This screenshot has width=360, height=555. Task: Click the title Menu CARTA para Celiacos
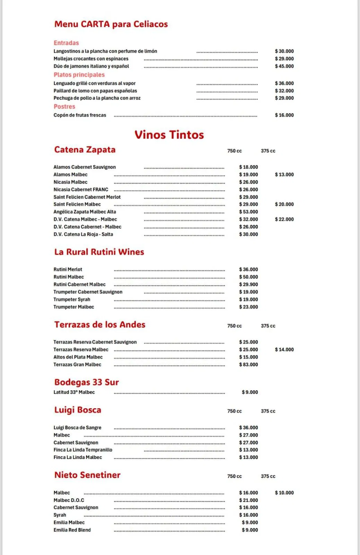coord(111,24)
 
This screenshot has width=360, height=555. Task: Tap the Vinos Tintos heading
coord(169,135)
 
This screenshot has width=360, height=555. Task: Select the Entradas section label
coord(66,43)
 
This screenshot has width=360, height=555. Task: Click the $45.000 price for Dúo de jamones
coord(284,66)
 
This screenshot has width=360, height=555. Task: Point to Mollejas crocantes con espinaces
coord(91,59)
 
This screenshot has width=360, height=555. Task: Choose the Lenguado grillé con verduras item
coord(94,83)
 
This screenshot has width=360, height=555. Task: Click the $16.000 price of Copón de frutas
coord(284,115)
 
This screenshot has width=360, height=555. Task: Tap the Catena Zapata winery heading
coord(85,150)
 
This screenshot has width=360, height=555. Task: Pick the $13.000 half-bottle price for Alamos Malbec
coord(284,174)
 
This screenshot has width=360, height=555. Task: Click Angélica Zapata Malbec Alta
coord(85,212)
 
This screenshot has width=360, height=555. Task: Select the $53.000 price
coord(248,212)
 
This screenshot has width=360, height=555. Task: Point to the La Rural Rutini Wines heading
coord(99,252)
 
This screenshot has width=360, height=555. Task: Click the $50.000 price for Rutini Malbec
coord(248,277)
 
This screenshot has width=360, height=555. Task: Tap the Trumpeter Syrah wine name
coord(72,299)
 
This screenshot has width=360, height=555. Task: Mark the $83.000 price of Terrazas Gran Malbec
coord(248,365)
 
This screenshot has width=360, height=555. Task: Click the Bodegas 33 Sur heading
coord(86,382)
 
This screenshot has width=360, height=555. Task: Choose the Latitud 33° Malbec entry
coord(74,392)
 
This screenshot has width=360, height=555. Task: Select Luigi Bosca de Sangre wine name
coord(77,428)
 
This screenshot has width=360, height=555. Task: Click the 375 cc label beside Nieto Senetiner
coord(268,476)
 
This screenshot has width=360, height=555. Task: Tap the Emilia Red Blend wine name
coord(72,530)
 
